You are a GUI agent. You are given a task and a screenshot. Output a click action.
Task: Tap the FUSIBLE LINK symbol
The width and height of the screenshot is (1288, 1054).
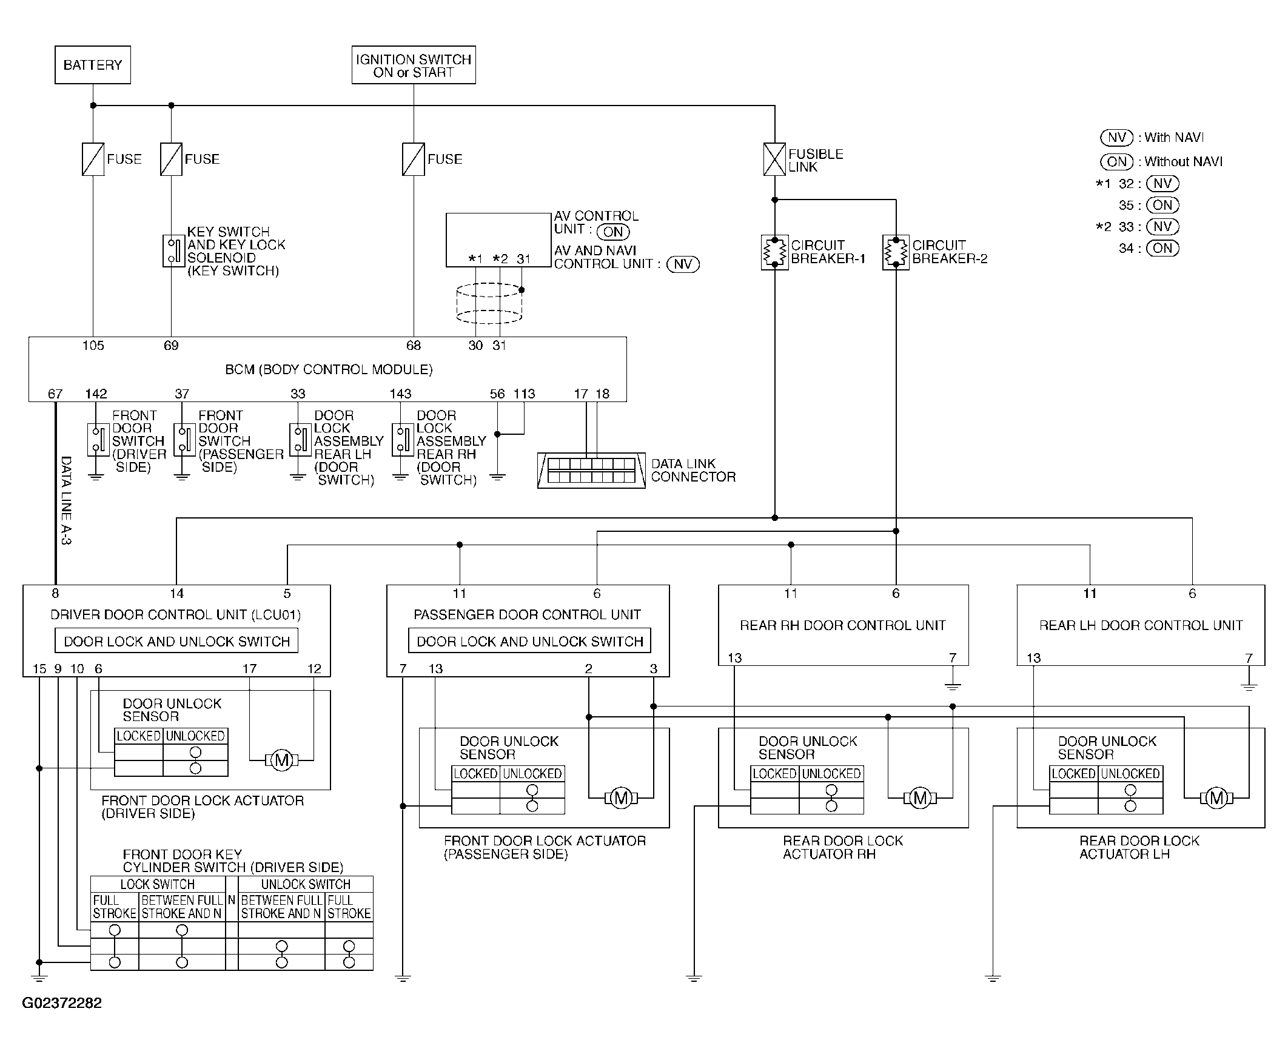coord(774,159)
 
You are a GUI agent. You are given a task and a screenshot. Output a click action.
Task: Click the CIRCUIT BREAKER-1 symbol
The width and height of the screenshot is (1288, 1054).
coord(774,252)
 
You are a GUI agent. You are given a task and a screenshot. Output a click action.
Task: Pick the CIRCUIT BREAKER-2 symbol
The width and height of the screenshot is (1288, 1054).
coord(896,252)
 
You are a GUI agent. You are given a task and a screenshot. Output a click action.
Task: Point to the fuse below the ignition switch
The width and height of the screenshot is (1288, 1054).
coord(414,159)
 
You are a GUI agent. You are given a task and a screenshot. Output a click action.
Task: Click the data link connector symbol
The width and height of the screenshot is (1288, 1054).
coord(591,471)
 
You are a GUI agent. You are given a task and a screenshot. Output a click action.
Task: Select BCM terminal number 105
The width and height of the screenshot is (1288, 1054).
coord(93,346)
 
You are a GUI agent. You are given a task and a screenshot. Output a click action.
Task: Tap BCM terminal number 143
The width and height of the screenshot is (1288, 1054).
coord(401,394)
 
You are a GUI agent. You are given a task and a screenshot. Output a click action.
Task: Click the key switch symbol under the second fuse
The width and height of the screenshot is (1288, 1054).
coord(173,250)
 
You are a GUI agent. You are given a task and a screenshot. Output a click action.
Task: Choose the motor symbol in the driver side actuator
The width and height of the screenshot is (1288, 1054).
coord(281,759)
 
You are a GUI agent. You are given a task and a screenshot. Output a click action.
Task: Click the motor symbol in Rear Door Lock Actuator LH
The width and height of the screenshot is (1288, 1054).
coord(1216,798)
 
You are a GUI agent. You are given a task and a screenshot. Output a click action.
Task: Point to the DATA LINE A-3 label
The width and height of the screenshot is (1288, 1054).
coord(66,500)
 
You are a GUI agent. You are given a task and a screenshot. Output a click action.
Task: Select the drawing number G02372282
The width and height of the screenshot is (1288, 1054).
coord(62,1003)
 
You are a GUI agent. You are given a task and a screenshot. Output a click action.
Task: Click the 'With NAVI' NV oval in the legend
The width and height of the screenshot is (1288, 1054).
coord(1117,138)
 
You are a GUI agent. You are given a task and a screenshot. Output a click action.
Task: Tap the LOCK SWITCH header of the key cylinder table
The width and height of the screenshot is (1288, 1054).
coord(157,884)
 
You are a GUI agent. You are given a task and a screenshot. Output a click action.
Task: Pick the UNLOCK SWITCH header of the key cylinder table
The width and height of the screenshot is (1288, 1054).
coord(305,884)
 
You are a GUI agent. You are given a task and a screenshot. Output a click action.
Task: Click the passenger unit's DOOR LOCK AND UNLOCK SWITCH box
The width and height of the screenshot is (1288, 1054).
coord(529,641)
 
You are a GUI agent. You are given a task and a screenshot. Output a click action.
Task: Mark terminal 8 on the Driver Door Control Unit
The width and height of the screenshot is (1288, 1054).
coord(55,594)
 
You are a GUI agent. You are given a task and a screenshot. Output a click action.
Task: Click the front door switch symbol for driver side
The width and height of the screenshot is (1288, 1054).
coord(98,440)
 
